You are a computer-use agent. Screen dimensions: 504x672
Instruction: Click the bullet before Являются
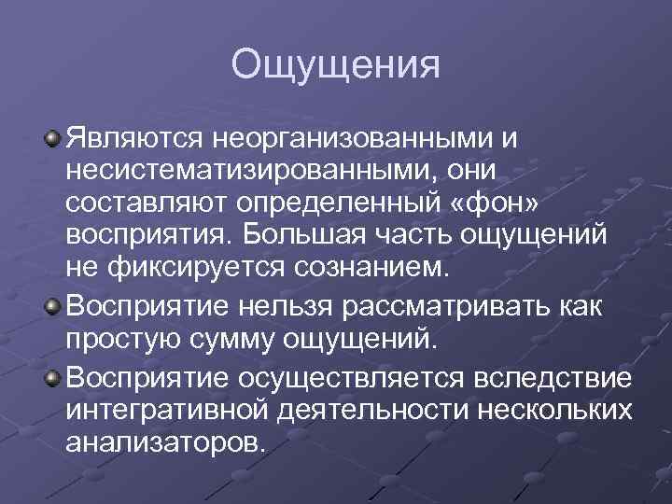click(x=53, y=139)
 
